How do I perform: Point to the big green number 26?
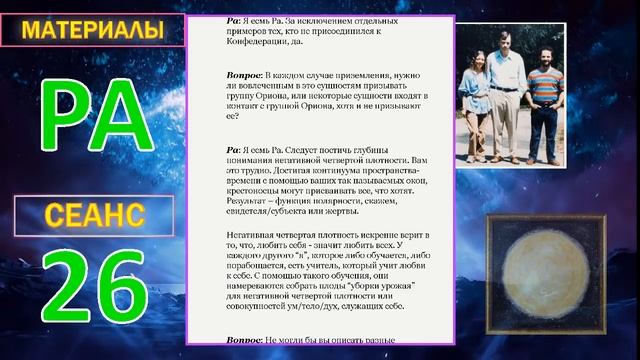coord(92,291)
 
